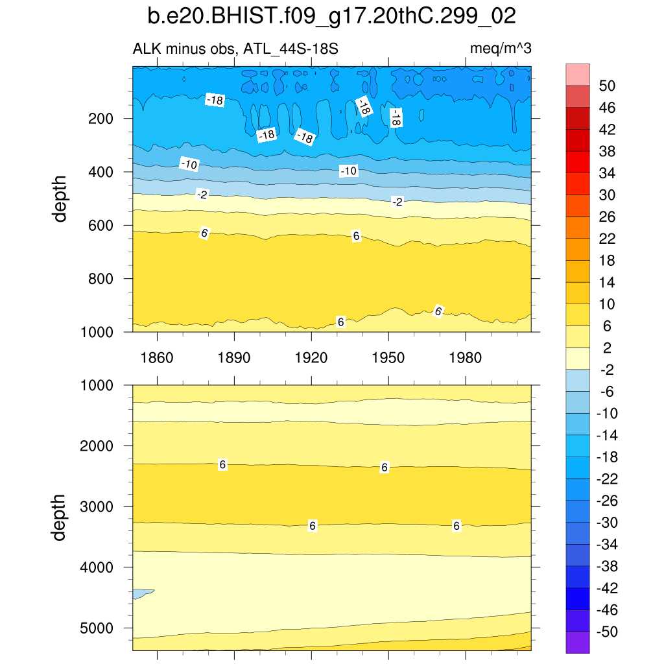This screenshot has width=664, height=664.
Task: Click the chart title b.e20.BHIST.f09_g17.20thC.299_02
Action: pos(332,16)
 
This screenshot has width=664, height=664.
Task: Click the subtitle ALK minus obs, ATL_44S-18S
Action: pos(235,49)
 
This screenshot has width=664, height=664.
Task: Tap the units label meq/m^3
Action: pos(501,49)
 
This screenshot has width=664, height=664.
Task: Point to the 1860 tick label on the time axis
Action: pos(157,358)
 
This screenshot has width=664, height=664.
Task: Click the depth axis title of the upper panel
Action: pos(61,198)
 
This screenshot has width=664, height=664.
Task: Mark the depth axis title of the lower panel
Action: pos(61,517)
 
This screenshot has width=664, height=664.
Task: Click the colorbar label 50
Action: pos(608,86)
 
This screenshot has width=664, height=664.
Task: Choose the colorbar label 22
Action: pos(608,239)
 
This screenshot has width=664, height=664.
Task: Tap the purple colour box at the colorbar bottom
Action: pos(578,643)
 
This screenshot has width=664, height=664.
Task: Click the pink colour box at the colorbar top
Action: pos(578,74)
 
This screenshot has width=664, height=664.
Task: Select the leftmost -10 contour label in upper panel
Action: pos(189,165)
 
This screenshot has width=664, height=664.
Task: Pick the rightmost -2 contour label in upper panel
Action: pos(398,202)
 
